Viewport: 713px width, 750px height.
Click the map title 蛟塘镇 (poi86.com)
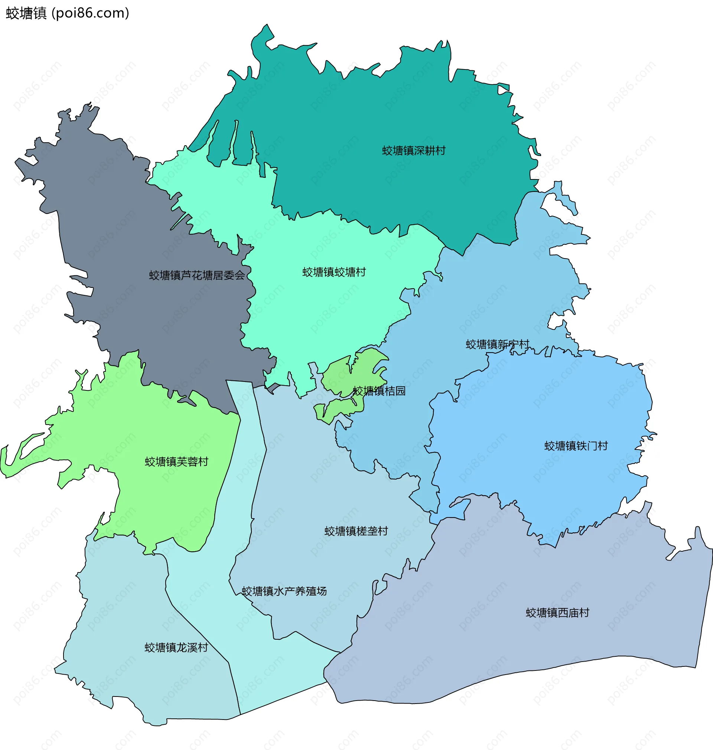pyautogui.click(x=68, y=13)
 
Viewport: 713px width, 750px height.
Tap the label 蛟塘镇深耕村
pyautogui.click(x=414, y=150)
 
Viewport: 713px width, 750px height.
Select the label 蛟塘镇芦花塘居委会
pyautogui.click(x=197, y=275)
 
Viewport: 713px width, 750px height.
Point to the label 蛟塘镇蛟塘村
pyautogui.click(x=334, y=272)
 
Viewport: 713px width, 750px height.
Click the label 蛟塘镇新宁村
pyautogui.click(x=498, y=344)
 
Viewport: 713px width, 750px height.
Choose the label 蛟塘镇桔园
pyautogui.click(x=379, y=391)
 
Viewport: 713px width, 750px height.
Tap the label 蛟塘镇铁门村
pyautogui.click(x=576, y=445)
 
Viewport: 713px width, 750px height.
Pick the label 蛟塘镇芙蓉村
pyautogui.click(x=177, y=461)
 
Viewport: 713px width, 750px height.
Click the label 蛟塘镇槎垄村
pyautogui.click(x=356, y=531)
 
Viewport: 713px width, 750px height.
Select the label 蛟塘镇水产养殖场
pyautogui.click(x=284, y=591)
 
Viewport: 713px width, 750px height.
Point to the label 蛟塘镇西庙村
pyautogui.click(x=557, y=613)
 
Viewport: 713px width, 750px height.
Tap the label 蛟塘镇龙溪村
pyautogui.click(x=176, y=647)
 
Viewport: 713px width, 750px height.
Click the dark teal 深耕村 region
pyautogui.click(x=380, y=114)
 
